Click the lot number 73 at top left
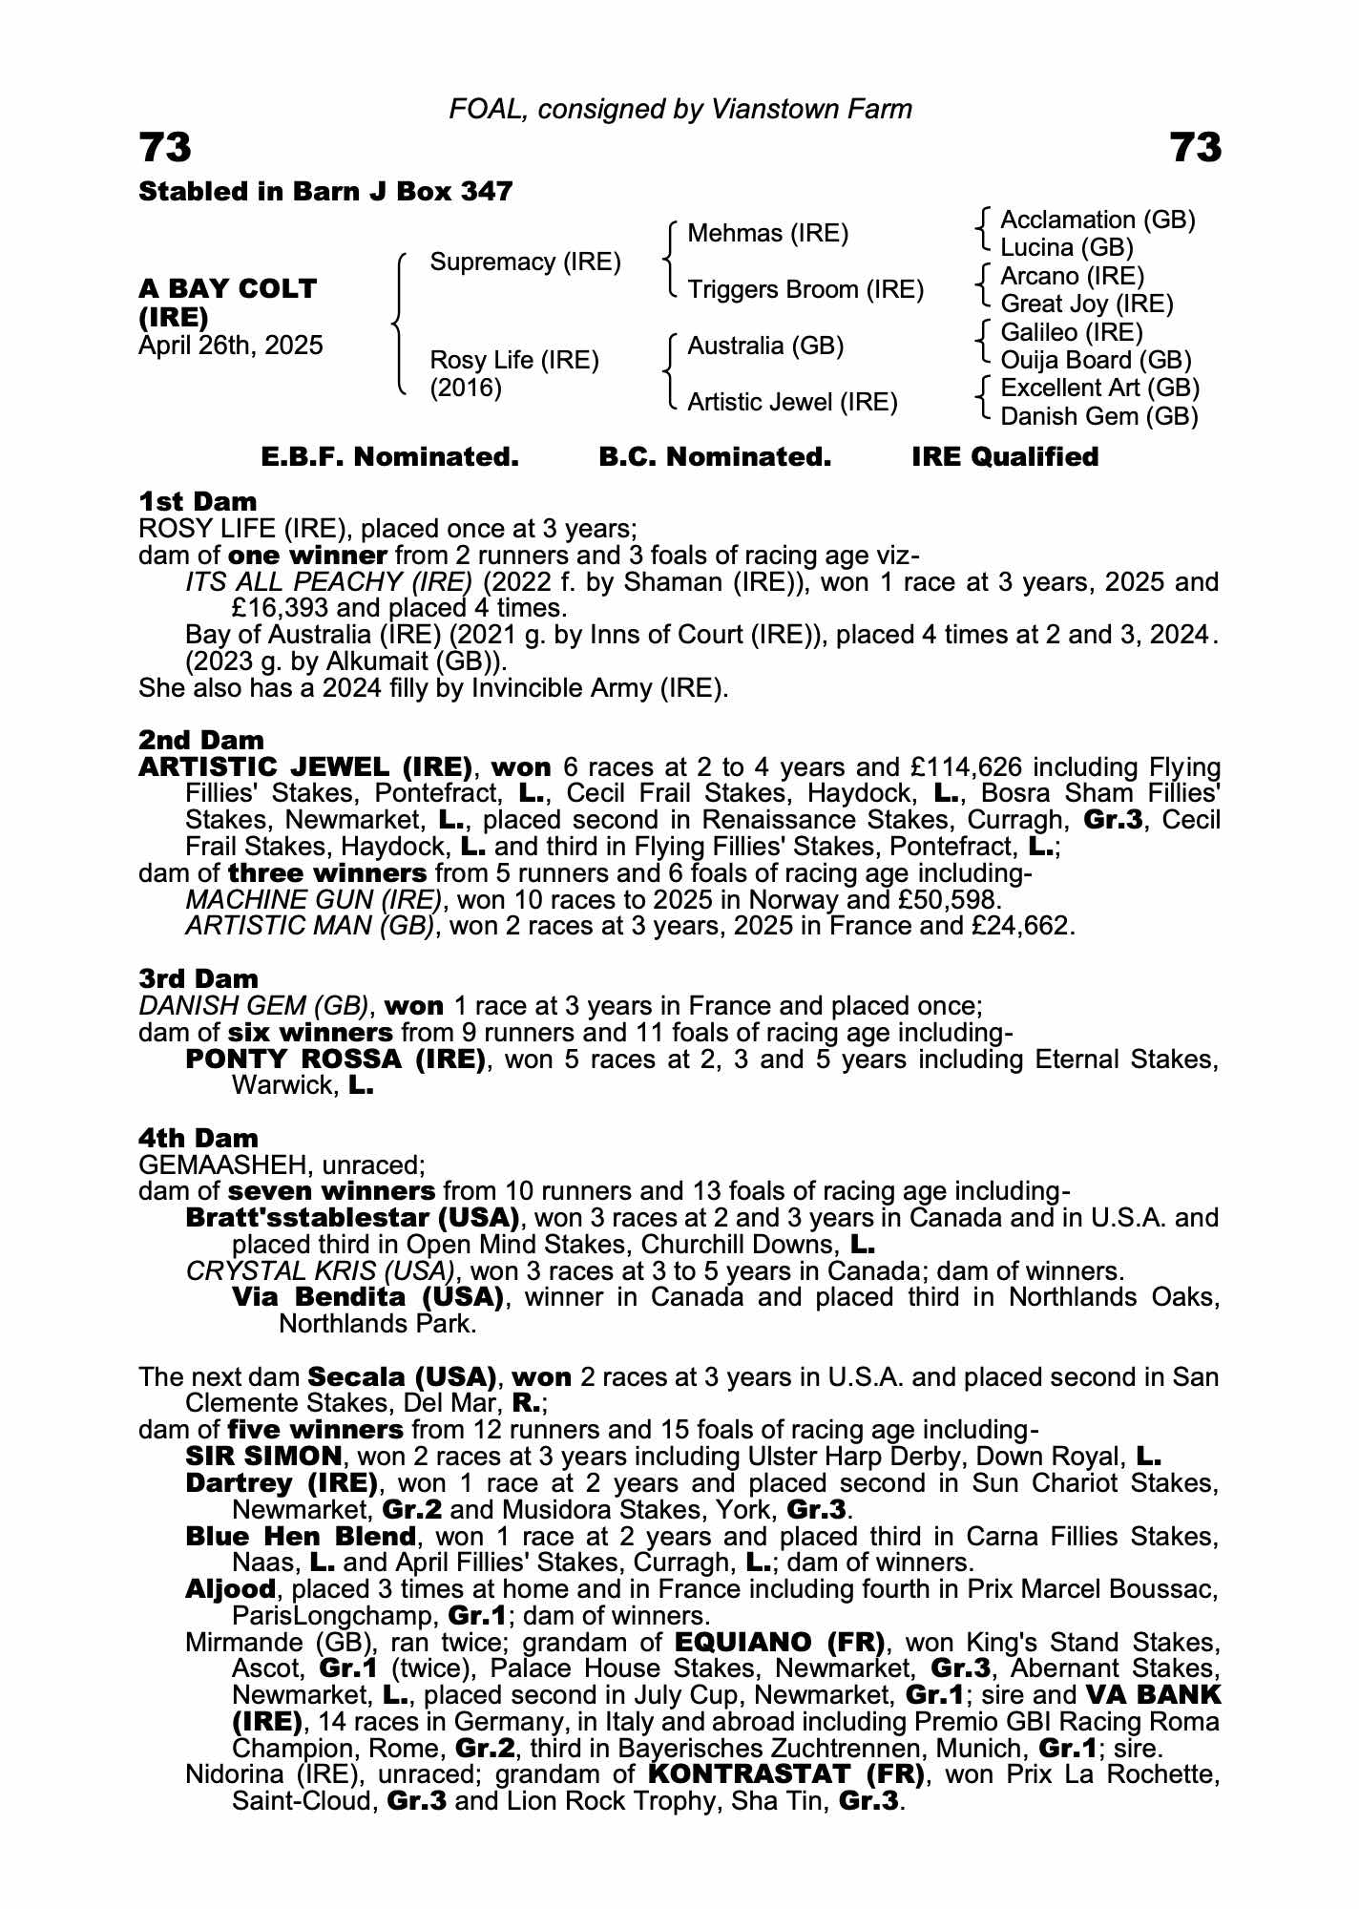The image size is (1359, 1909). click(166, 148)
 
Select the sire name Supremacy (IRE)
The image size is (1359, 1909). click(525, 262)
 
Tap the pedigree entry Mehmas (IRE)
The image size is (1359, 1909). click(767, 234)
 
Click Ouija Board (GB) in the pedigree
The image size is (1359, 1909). click(1096, 360)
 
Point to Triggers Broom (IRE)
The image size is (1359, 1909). click(805, 289)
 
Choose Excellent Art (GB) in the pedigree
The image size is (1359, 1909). click(1099, 388)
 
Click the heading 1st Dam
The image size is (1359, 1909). click(198, 501)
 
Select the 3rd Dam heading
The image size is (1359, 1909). click(199, 978)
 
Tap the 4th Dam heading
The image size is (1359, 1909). click(199, 1138)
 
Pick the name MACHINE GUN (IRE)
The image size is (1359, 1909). click(314, 899)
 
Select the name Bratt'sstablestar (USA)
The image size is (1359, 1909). click(352, 1218)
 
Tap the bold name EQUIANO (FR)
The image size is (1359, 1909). click(780, 1643)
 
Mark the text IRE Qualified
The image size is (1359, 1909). click(1005, 457)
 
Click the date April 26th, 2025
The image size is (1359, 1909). click(231, 345)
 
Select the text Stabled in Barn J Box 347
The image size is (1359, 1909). click(325, 192)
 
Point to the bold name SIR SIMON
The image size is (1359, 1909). click(263, 1457)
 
